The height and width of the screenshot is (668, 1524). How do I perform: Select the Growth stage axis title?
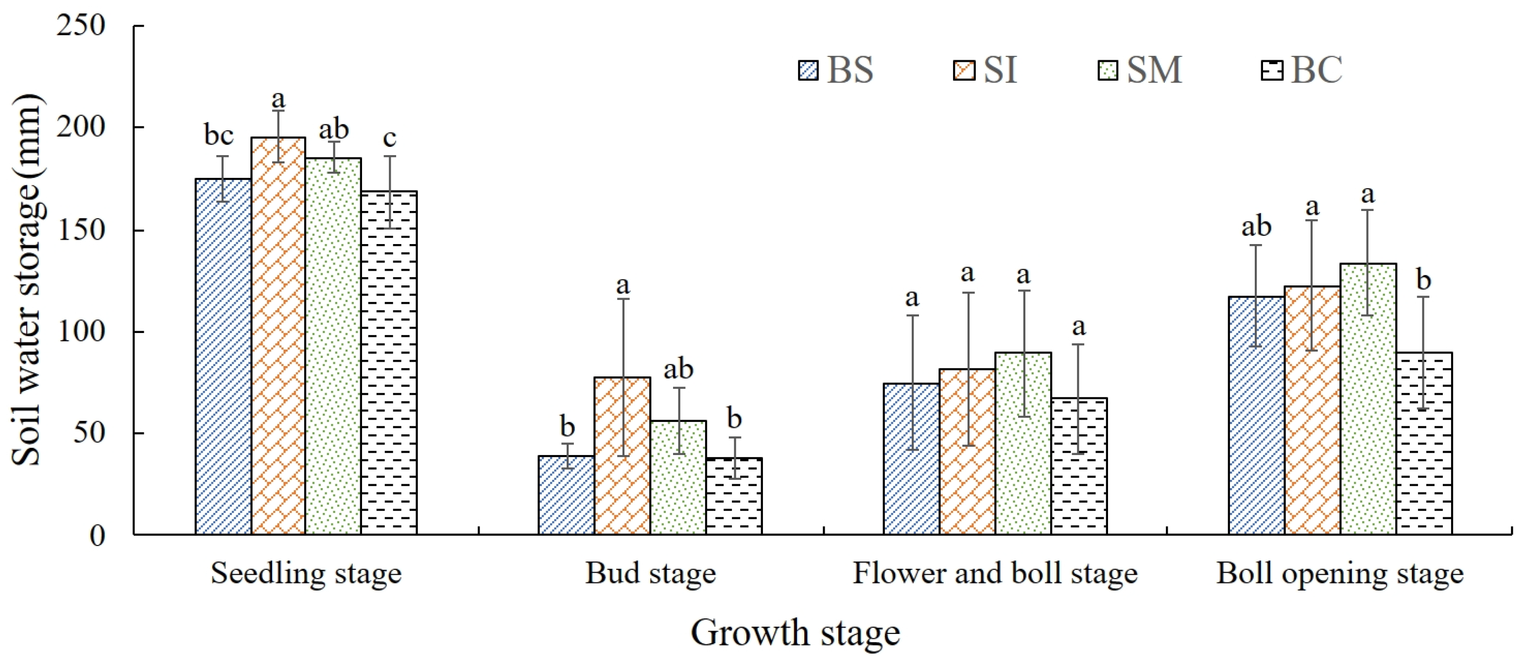point(795,633)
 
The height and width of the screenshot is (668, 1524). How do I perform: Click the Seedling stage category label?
point(306,573)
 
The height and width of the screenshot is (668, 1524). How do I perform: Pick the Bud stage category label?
point(650,573)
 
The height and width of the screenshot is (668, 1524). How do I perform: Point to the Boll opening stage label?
point(1339,573)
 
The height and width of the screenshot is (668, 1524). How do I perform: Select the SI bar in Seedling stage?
point(278,337)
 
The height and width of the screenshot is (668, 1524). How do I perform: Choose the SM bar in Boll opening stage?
point(1368,399)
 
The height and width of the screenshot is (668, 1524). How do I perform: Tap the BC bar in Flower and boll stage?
point(1078,467)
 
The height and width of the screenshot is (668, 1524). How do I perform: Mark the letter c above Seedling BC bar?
point(389,139)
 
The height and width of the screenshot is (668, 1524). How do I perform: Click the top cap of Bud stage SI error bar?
point(623,299)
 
